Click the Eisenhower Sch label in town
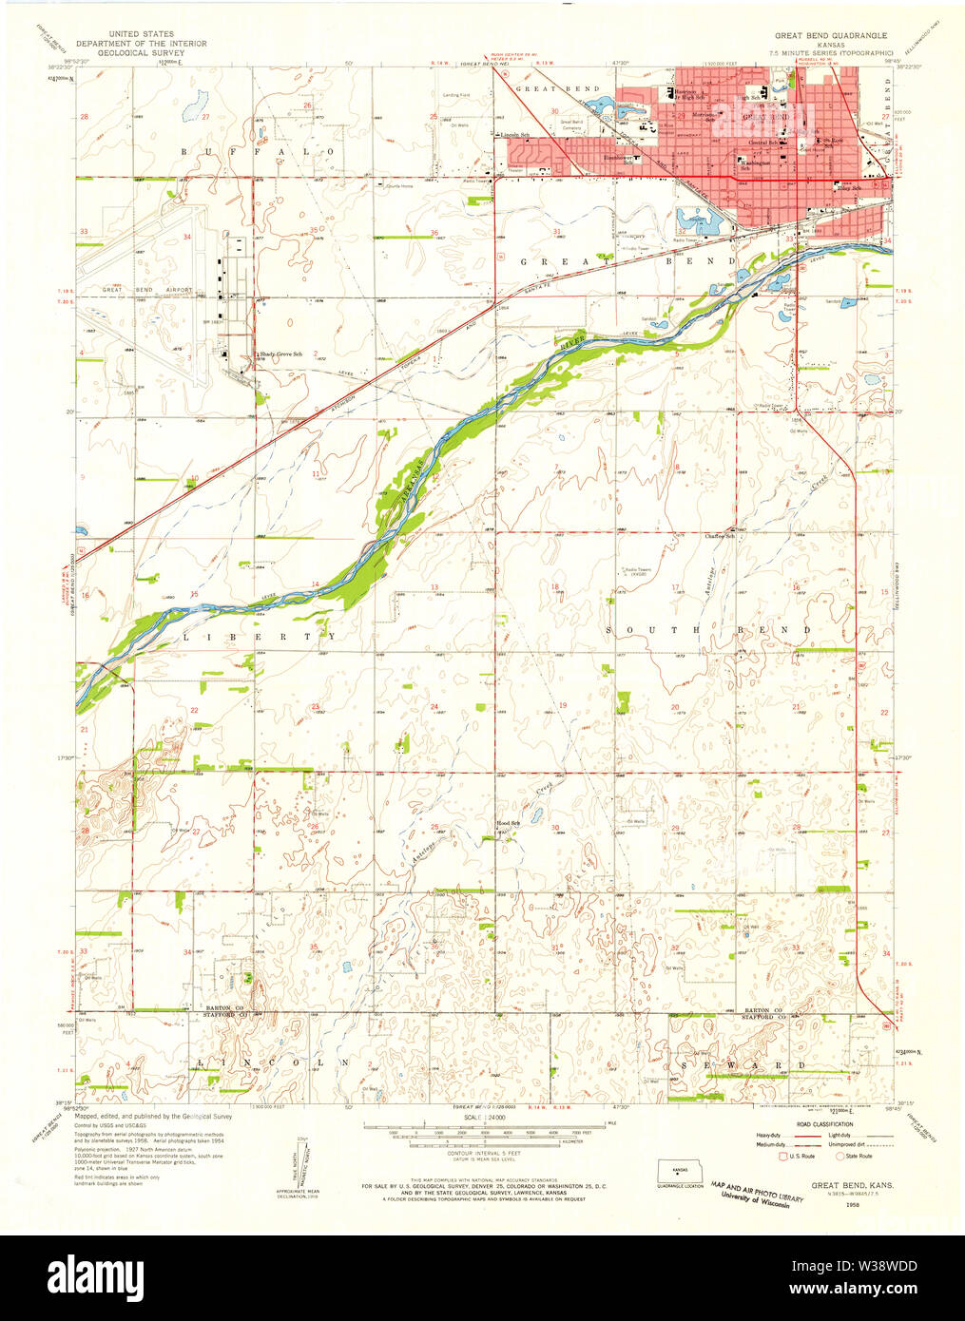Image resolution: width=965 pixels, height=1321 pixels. (620, 160)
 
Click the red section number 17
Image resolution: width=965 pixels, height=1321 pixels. (675, 587)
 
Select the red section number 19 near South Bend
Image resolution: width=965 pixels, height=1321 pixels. (563, 705)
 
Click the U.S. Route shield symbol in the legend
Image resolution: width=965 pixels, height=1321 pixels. (783, 1157)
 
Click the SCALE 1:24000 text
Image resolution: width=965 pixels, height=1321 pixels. (484, 1119)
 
